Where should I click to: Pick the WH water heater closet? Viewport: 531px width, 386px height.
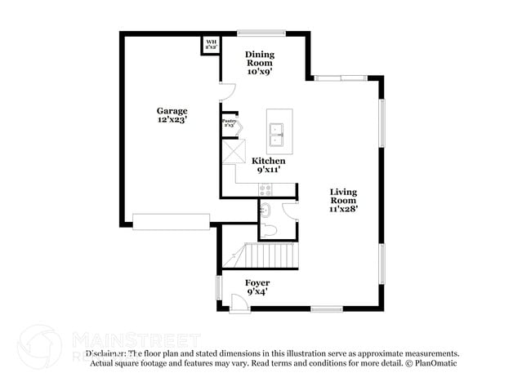(x=211, y=44)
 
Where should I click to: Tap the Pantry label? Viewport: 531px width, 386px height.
(x=229, y=122)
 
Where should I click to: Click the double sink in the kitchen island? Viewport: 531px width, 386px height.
(x=277, y=132)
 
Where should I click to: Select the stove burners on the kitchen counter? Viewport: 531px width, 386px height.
(x=265, y=189)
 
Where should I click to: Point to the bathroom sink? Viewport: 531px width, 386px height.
(x=264, y=211)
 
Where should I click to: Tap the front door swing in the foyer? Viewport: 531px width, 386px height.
(x=239, y=303)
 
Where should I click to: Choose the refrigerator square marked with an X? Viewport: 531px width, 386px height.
(x=235, y=151)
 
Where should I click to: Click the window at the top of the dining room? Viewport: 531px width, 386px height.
(x=261, y=33)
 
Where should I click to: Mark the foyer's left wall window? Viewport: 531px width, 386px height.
(x=218, y=287)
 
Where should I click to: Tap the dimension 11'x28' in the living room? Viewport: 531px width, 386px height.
(x=343, y=209)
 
